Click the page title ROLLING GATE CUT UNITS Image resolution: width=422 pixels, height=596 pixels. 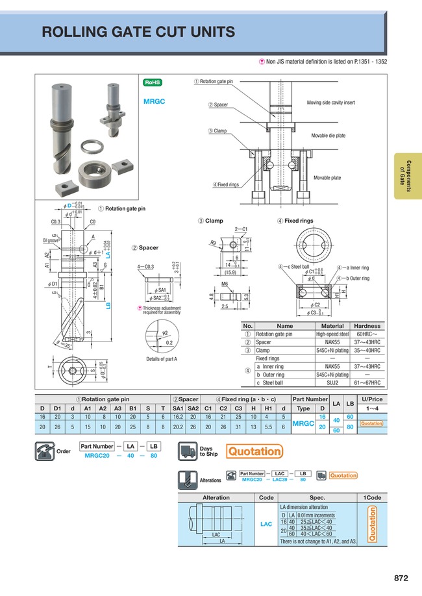coord(138,32)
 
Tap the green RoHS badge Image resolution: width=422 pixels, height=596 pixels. coord(153,82)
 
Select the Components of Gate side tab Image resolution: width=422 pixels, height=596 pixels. coord(406,175)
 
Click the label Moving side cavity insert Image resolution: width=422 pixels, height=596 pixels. coord(330,103)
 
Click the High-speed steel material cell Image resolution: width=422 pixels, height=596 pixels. coord(332,334)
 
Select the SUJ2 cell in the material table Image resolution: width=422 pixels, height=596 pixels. coord(332,383)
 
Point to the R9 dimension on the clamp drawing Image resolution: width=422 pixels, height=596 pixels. coord(212,242)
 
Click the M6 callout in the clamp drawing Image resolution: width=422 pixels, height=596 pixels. coord(225,284)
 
